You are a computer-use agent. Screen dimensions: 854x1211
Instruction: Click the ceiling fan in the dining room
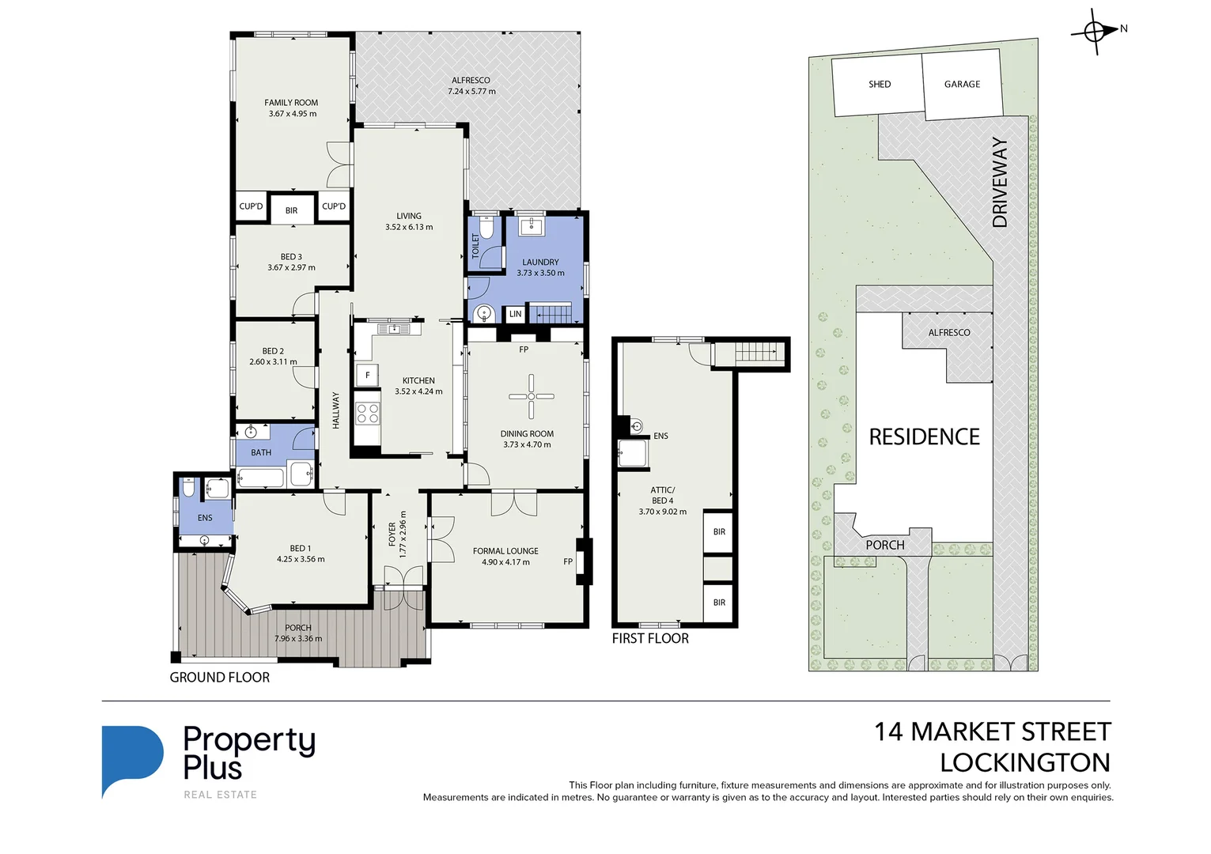tap(531, 396)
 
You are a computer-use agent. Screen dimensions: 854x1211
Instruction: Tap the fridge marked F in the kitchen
tap(367, 375)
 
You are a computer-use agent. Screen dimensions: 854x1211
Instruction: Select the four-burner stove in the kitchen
tap(367, 413)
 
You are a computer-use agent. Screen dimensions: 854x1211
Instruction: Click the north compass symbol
tap(1096, 32)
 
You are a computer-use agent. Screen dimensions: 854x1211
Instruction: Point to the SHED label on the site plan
tap(879, 84)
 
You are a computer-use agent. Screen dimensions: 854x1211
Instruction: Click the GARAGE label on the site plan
tap(962, 84)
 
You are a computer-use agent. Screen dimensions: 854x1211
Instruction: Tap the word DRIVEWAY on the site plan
tap(1000, 183)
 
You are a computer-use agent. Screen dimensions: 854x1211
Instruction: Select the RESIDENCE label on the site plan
tap(924, 436)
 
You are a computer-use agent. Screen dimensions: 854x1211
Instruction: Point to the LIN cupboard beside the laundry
tap(515, 314)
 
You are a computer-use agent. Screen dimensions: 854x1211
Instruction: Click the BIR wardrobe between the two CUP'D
tap(292, 210)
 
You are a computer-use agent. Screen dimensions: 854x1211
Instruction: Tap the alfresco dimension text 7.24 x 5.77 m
tap(471, 92)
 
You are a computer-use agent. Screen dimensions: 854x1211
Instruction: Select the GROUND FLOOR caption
tap(219, 678)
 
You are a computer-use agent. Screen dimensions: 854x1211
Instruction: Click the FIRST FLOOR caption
tap(650, 639)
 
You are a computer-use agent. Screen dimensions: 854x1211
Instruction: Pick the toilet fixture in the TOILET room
tap(487, 229)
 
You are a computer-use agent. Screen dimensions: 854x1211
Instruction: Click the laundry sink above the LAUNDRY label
tap(531, 227)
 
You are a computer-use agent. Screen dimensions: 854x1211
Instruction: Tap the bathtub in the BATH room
tap(260, 478)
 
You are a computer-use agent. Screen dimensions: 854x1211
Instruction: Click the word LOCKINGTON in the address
tap(1025, 763)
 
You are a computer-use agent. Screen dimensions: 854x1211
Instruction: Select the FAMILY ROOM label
tap(291, 103)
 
